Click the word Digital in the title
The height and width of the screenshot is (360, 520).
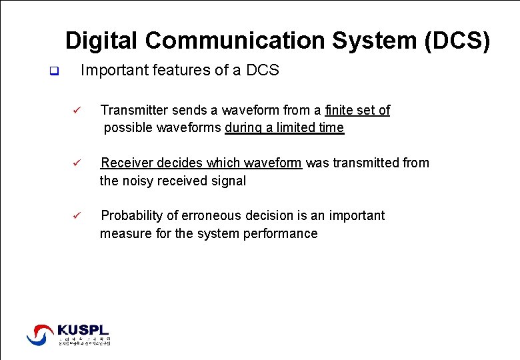click(x=102, y=41)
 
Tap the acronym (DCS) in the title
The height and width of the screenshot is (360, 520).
click(x=457, y=41)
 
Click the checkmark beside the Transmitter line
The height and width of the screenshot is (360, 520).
click(x=77, y=111)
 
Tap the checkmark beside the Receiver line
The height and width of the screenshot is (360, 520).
click(x=77, y=163)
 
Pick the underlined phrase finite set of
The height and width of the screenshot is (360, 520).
click(x=357, y=110)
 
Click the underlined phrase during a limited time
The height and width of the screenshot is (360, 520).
click(x=285, y=128)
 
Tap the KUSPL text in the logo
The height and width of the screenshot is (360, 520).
click(x=83, y=329)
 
